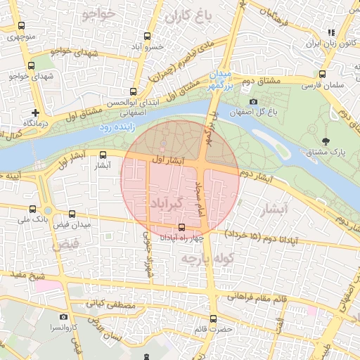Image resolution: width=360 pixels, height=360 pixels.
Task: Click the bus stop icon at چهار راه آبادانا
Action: [183, 227]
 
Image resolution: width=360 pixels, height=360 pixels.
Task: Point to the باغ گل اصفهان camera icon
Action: [254, 102]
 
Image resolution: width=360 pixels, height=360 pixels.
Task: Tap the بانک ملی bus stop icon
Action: [32, 209]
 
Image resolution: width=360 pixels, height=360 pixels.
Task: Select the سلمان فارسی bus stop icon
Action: [321, 74]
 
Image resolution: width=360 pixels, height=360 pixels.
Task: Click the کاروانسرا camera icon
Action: [63, 317]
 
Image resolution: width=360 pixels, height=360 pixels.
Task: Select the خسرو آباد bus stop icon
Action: [147, 36]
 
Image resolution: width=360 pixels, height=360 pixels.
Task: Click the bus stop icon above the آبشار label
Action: [103, 155]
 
